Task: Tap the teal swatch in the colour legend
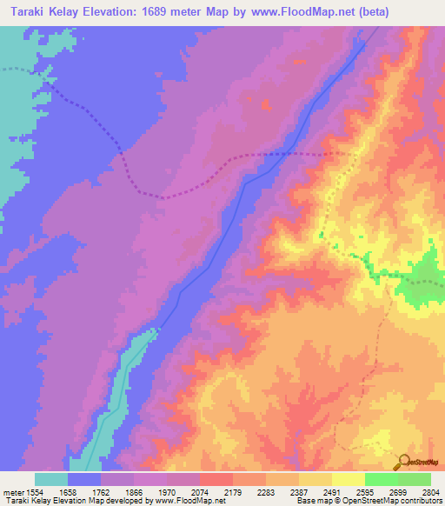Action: (51, 479)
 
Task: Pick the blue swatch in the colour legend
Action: (84, 479)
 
